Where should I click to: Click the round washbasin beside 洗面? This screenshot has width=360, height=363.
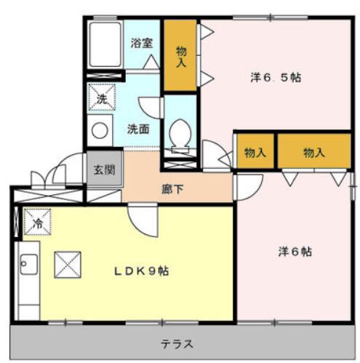tap(98, 132)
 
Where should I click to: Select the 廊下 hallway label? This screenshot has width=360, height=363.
tap(172, 190)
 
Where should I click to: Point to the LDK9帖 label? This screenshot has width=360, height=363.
tap(142, 271)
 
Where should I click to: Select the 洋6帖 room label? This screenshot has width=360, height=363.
tap(295, 252)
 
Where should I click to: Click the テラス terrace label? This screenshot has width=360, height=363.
tap(177, 343)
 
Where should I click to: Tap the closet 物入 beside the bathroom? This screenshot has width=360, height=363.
tap(180, 56)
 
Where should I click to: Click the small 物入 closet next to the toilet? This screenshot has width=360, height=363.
tap(255, 153)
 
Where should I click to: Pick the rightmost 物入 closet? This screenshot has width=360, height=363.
tap(314, 153)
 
